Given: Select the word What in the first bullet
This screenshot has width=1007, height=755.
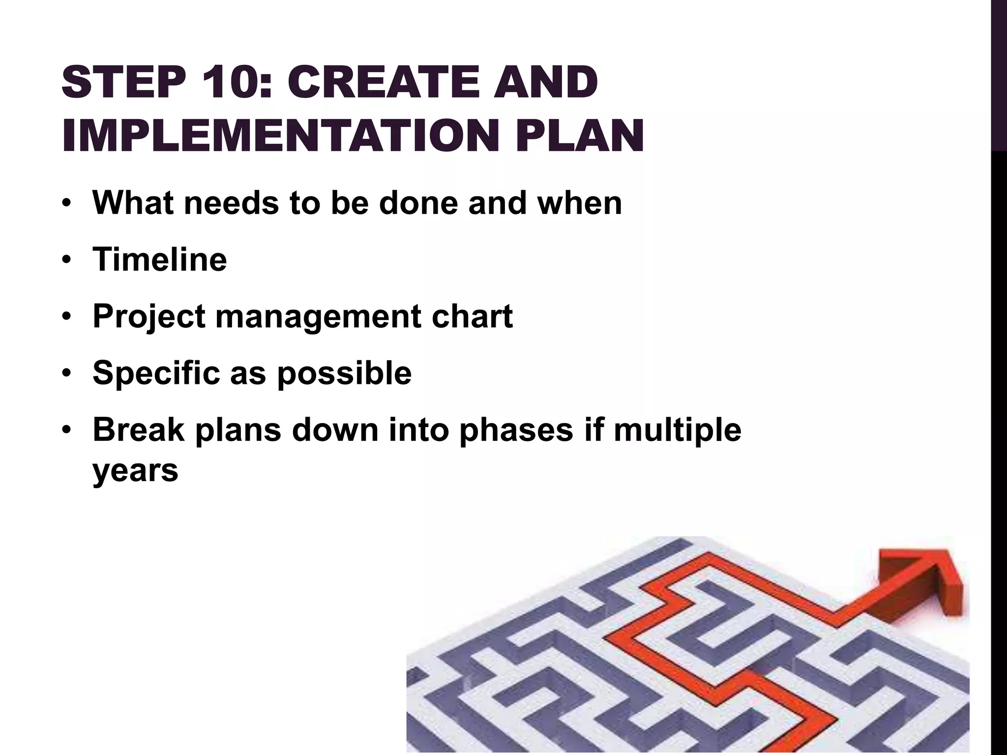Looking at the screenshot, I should (133, 203).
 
